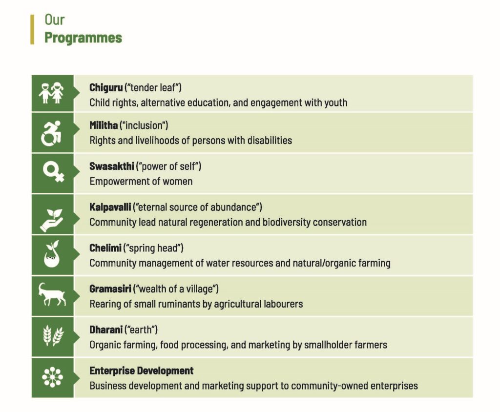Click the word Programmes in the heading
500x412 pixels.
[x=83, y=38]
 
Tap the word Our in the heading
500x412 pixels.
[x=55, y=20]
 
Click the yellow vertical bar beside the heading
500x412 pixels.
[x=32, y=30]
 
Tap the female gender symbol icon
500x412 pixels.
[x=53, y=172]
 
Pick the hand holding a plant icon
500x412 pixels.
[x=51, y=220]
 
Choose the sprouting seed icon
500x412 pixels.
[x=52, y=254]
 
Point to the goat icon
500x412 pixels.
[x=52, y=294]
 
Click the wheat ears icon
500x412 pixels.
[x=53, y=335]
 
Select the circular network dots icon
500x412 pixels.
[x=52, y=377]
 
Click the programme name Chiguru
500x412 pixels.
[x=106, y=87]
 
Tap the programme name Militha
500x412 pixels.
[x=104, y=125]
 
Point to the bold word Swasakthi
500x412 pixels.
[x=112, y=166]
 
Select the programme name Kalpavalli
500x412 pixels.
[x=110, y=207]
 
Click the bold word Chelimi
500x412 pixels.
[x=105, y=248]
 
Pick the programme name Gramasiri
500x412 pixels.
[x=110, y=289]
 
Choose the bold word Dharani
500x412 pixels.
[x=105, y=330]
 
